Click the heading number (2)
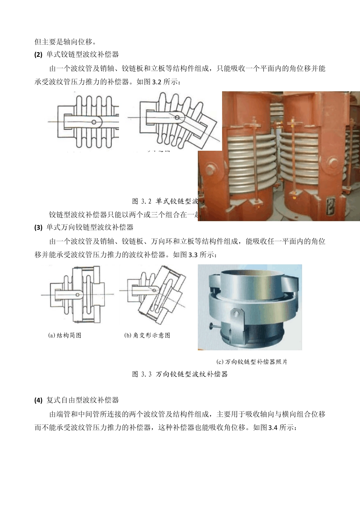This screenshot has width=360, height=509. [38, 55]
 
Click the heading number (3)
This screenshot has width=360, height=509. [38, 228]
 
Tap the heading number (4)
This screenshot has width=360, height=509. [38, 400]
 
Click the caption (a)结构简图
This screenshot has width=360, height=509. [65, 335]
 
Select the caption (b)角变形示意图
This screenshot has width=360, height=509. [147, 335]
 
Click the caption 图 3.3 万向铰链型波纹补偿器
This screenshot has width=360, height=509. [180, 374]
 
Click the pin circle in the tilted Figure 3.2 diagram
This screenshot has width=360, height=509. [177, 118]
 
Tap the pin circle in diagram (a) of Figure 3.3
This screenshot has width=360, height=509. [77, 294]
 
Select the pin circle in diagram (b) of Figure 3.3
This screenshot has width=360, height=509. [155, 290]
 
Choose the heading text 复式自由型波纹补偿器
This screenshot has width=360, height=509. [83, 400]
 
